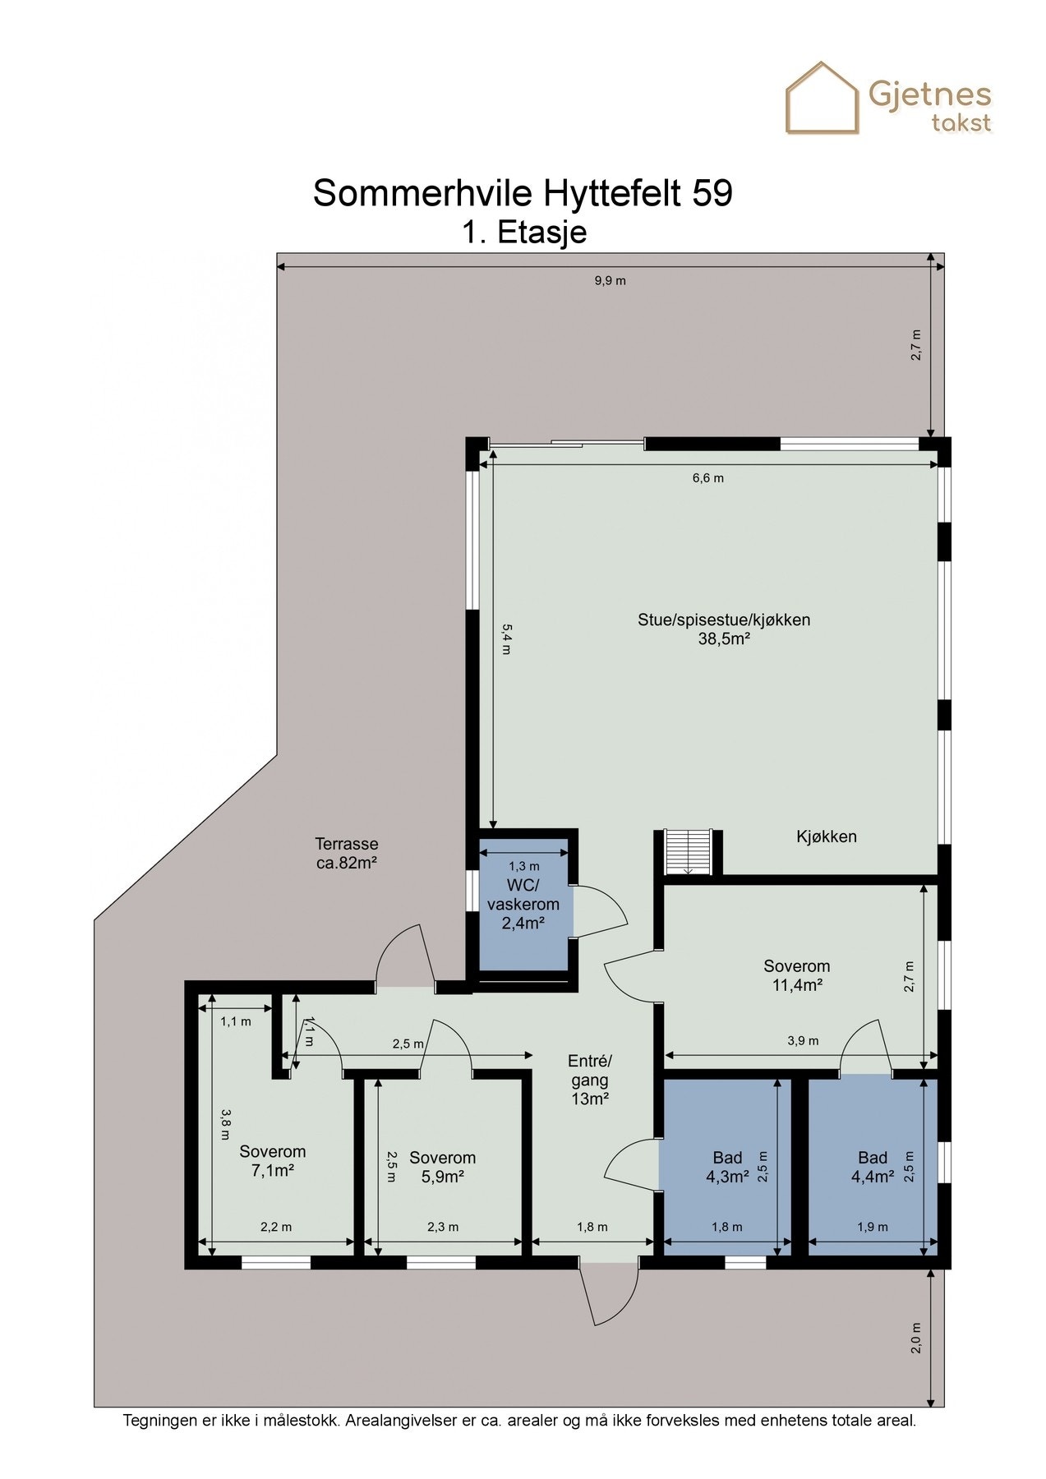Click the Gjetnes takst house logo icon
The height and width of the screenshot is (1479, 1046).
click(x=822, y=99)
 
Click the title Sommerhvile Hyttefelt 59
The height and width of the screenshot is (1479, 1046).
click(x=523, y=194)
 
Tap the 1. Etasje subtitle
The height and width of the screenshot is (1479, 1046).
click(x=524, y=233)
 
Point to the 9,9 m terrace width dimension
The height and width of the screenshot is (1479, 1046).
click(x=610, y=280)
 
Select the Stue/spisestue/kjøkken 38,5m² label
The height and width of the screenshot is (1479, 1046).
click(x=724, y=629)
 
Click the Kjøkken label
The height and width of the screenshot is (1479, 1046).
click(x=826, y=836)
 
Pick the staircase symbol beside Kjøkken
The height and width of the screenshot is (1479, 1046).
click(x=688, y=852)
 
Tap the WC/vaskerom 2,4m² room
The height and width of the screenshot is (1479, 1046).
click(x=523, y=904)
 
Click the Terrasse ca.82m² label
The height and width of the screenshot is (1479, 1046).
click(x=347, y=853)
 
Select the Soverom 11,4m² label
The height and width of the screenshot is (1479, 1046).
click(x=796, y=975)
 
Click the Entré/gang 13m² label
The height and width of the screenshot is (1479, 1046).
click(x=590, y=1080)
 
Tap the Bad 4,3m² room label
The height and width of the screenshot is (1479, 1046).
click(x=727, y=1167)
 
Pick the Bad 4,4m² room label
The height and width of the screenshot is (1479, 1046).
click(x=873, y=1167)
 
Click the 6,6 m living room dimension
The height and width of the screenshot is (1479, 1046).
click(x=708, y=477)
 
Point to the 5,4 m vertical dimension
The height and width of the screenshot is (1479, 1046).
click(x=507, y=638)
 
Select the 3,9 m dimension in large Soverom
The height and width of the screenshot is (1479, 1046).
click(x=803, y=1040)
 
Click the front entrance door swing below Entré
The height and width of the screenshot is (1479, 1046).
click(x=610, y=1295)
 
